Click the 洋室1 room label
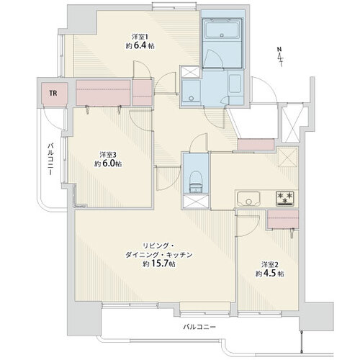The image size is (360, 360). click(x=140, y=37)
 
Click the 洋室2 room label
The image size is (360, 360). click(x=270, y=264)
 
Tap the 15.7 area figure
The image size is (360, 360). click(x=159, y=264)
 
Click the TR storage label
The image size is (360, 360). click(x=53, y=93)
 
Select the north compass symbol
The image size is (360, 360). click(x=280, y=57)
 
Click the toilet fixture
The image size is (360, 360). click(x=196, y=182)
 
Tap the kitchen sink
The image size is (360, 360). click(x=248, y=199)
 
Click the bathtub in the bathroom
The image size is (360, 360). click(x=222, y=29)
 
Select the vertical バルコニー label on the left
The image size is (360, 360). click(x=50, y=159)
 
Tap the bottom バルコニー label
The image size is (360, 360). click(x=199, y=327)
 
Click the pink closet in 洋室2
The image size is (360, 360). click(x=283, y=219)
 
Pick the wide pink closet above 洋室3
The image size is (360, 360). click(x=103, y=93)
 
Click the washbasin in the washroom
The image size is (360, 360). click(x=192, y=92)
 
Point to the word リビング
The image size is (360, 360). click(x=153, y=246)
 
